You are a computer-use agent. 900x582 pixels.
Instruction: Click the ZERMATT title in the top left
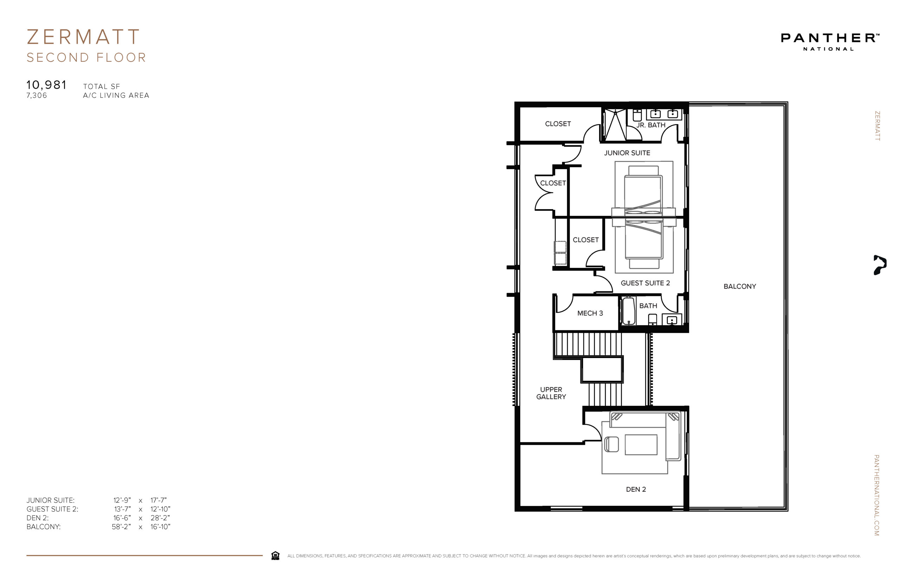click(x=83, y=37)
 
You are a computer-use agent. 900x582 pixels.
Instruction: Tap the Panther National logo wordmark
click(x=830, y=38)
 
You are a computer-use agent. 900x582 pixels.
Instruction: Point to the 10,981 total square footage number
click(x=46, y=85)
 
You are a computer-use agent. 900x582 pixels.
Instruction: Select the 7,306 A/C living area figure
click(x=37, y=96)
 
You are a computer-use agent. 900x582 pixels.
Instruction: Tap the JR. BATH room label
click(x=651, y=125)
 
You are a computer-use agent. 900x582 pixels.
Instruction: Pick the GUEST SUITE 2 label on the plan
click(x=645, y=283)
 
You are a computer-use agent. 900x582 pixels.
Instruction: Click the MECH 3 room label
click(x=590, y=313)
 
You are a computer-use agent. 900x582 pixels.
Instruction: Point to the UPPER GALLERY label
click(x=551, y=393)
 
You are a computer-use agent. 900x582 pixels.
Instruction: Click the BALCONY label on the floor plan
click(x=740, y=286)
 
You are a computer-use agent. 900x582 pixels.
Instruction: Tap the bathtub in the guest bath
click(x=628, y=311)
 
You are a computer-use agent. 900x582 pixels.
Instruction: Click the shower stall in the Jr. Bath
click(x=615, y=124)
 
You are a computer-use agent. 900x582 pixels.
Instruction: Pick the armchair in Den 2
click(x=612, y=444)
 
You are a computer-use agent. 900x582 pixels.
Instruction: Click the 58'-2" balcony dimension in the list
click(x=121, y=527)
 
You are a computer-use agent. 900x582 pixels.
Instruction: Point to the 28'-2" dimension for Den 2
click(x=160, y=518)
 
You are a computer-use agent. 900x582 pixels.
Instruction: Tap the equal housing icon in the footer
click(x=275, y=556)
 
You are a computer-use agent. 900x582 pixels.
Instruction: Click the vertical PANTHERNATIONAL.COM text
click(x=876, y=495)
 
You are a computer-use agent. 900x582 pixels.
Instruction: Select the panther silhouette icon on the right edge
click(x=880, y=265)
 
